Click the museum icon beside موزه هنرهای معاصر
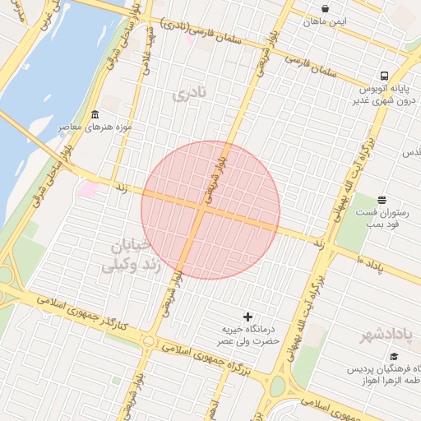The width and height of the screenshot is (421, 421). pyautogui.click(x=95, y=114)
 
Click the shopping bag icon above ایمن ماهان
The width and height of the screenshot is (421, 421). pyautogui.click(x=326, y=9)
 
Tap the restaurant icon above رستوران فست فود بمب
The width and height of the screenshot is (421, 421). pyautogui.click(x=382, y=200)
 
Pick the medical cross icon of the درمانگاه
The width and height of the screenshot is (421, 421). pyautogui.click(x=248, y=317)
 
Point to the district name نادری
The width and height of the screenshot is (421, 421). pyautogui.click(x=187, y=94)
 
